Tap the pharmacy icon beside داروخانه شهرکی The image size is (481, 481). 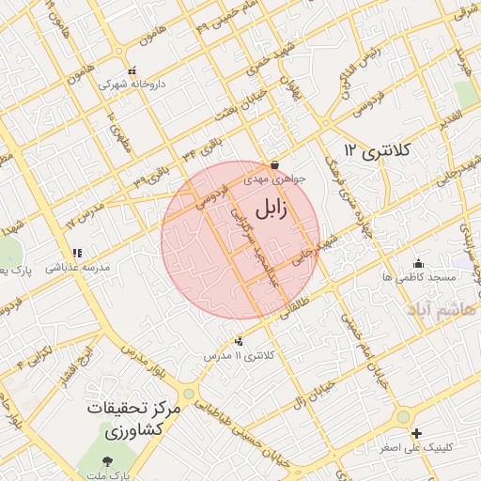click(132, 70)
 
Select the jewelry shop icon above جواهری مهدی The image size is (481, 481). click(273, 163)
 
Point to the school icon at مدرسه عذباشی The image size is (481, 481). click(77, 253)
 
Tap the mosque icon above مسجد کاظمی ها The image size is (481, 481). click(418, 263)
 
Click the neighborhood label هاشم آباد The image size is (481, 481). click(442, 308)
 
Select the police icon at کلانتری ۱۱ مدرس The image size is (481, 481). click(239, 341)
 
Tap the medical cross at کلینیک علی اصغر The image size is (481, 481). click(416, 433)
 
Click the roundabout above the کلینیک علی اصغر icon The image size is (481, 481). click(404, 415)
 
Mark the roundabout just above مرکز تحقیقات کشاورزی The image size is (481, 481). click(189, 394)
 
